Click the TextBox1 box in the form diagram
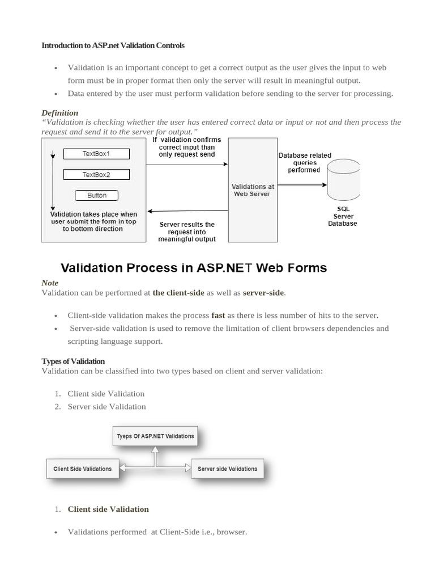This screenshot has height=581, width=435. pyautogui.click(x=96, y=154)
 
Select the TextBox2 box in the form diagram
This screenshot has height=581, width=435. pyautogui.click(x=96, y=175)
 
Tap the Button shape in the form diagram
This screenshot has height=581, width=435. pyautogui.click(x=97, y=195)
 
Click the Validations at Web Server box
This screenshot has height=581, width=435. pyautogui.click(x=251, y=190)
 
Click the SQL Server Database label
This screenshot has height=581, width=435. pyautogui.click(x=343, y=216)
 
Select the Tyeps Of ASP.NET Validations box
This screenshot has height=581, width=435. pyautogui.click(x=155, y=436)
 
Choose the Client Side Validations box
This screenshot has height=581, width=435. pyautogui.click(x=83, y=469)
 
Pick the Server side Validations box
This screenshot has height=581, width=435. pyautogui.click(x=227, y=469)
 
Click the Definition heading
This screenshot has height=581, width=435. pyautogui.click(x=60, y=113)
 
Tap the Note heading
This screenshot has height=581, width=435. pyautogui.click(x=50, y=283)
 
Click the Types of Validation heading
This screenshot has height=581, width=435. pyautogui.click(x=73, y=361)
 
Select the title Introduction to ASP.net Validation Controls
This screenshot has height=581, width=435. pyautogui.click(x=113, y=45)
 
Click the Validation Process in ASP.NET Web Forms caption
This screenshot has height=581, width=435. pyautogui.click(x=194, y=267)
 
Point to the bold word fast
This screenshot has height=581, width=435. pyautogui.click(x=218, y=315)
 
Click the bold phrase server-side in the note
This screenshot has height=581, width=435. pyautogui.click(x=263, y=293)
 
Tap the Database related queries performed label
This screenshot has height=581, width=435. pyautogui.click(x=305, y=163)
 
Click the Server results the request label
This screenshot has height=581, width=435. pyautogui.click(x=187, y=231)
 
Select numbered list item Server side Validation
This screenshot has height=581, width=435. pyautogui.click(x=106, y=407)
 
